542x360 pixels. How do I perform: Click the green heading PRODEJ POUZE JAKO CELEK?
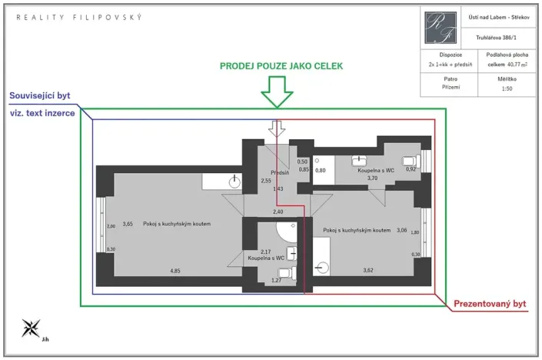pos(281,66)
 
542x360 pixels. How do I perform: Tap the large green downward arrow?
pos(276,94)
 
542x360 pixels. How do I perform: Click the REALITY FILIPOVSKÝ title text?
pos(79,16)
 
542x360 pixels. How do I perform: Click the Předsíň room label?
pos(278,173)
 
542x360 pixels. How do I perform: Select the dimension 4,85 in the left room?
pos(176,271)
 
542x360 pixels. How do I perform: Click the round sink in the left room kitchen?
pos(235,182)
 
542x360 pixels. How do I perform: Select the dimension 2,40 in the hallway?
pos(278,212)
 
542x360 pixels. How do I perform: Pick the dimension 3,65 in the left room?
pos(128,224)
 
